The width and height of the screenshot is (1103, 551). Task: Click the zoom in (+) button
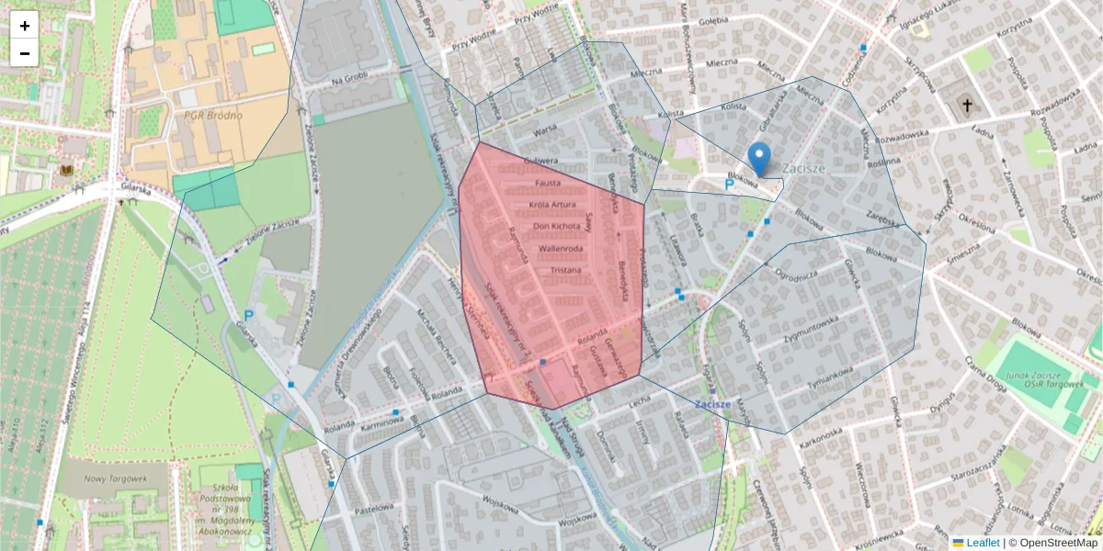pyautogui.click(x=25, y=26)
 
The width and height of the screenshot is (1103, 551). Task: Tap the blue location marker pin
pyautogui.click(x=758, y=159)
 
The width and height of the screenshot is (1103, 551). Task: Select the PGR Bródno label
pyautogui.click(x=212, y=116)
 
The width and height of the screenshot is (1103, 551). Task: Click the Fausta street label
pyautogui.click(x=547, y=184)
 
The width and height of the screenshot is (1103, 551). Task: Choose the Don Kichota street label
pyautogui.click(x=557, y=226)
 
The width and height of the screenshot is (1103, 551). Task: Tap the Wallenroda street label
pyautogui.click(x=561, y=249)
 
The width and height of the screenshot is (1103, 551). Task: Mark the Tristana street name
pyautogui.click(x=565, y=271)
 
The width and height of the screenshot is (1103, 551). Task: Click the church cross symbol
pyautogui.click(x=966, y=106)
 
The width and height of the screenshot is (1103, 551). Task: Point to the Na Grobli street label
pyautogui.click(x=349, y=81)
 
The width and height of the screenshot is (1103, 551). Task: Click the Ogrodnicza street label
pyautogui.click(x=796, y=274)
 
